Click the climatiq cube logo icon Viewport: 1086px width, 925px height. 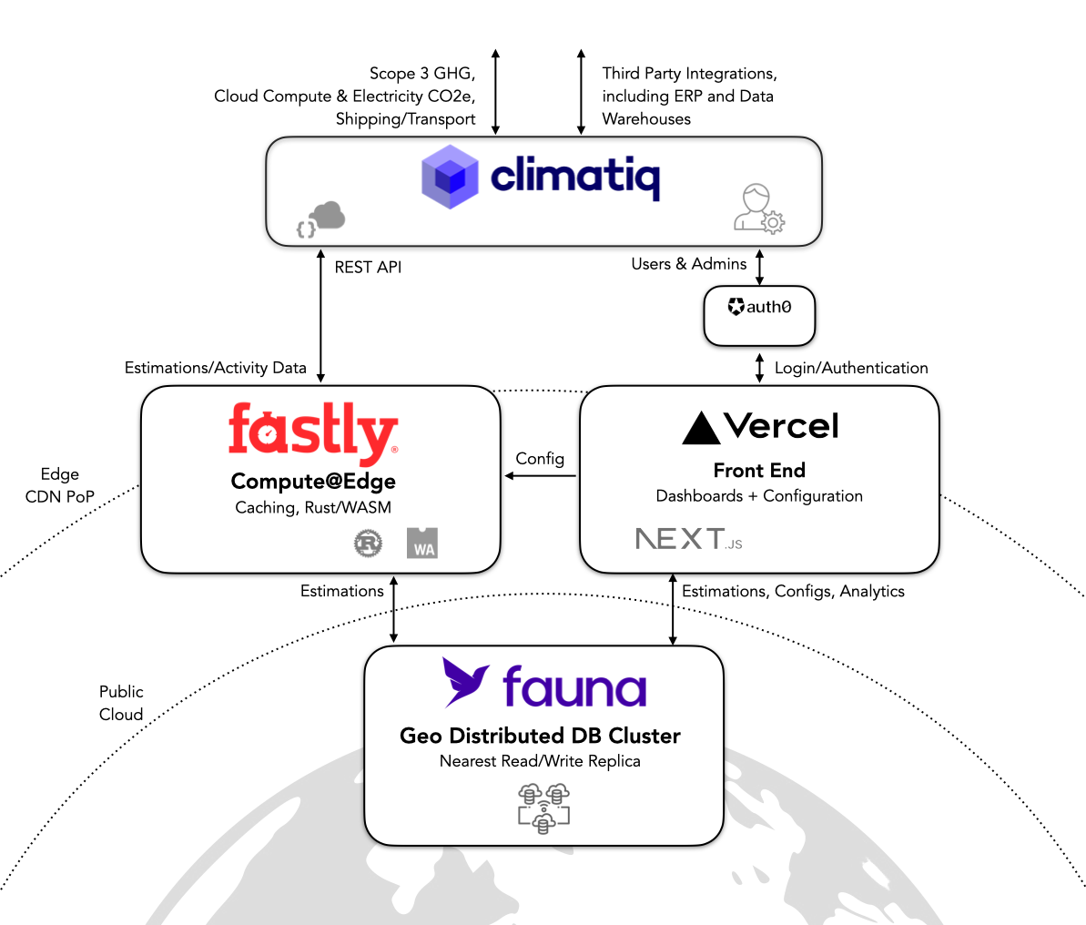[x=450, y=177]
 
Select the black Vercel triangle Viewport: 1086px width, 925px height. [x=701, y=428]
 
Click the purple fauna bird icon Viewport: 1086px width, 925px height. [x=466, y=682]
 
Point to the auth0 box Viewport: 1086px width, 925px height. [x=759, y=316]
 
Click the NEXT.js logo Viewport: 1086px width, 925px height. [x=688, y=539]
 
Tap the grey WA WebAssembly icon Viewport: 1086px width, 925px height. [x=422, y=543]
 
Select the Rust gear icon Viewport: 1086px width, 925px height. [x=368, y=544]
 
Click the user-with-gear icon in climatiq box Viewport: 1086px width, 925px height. [x=759, y=208]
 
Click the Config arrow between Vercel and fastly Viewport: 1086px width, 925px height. [x=541, y=475]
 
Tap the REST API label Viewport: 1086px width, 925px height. [x=368, y=267]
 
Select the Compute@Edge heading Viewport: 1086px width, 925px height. [x=313, y=481]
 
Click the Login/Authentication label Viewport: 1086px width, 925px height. [x=851, y=368]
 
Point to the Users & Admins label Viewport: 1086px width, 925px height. [x=689, y=264]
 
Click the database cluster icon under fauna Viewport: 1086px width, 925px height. [x=543, y=807]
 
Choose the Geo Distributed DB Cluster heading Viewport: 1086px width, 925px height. [x=540, y=736]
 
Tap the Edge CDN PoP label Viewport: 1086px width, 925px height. [x=60, y=485]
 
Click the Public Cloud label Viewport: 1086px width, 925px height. [x=121, y=703]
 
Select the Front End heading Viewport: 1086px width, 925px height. [x=759, y=471]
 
